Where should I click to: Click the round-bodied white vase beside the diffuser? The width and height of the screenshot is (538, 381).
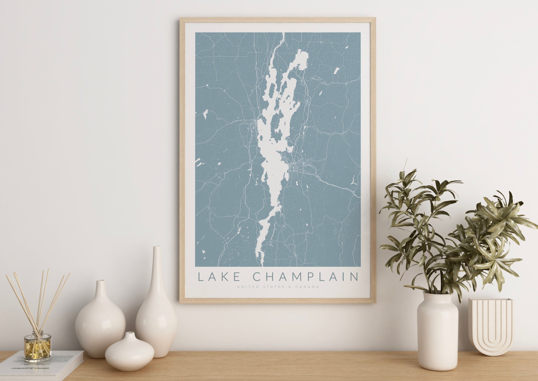(100, 325)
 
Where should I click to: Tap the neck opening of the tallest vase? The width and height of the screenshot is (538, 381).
(157, 248)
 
